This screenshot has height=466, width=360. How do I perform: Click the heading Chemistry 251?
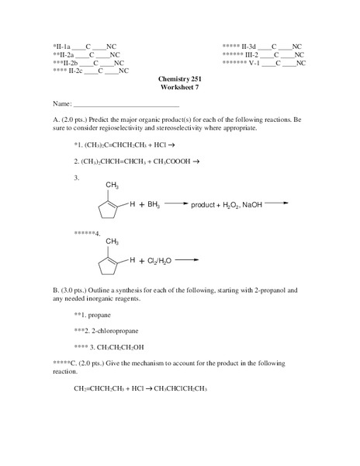pyautogui.click(x=178, y=81)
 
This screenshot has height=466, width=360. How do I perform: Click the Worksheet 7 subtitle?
pyautogui.click(x=178, y=89)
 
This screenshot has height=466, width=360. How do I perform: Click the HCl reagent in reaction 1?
pyautogui.click(x=153, y=144)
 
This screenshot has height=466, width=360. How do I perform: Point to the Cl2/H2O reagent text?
pyautogui.click(x=159, y=261)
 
